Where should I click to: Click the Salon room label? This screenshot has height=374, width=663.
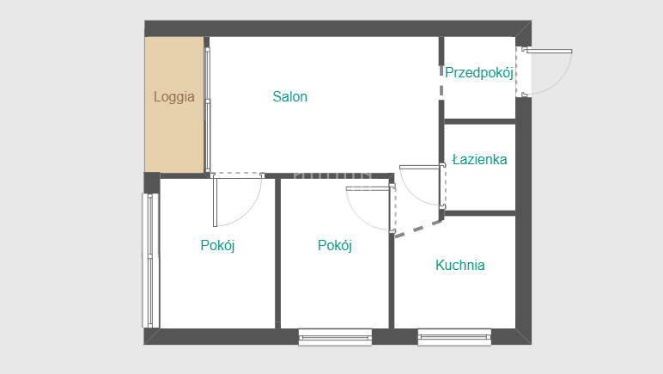(289, 96)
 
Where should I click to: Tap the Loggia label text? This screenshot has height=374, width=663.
(174, 97)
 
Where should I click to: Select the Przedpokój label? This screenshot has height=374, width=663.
(479, 72)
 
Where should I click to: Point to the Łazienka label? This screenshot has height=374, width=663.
(479, 160)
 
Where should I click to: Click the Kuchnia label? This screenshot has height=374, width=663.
(460, 265)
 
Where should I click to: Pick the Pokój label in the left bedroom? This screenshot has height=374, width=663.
(217, 245)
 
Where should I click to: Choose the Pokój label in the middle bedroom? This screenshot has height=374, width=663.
(334, 245)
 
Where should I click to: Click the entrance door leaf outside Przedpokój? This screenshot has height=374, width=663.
(549, 52)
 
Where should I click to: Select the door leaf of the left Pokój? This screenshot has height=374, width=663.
(215, 202)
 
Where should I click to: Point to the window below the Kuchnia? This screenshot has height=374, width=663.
(454, 337)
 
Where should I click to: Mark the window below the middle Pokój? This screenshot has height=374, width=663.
(335, 337)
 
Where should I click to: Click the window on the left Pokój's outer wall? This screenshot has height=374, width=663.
(150, 261)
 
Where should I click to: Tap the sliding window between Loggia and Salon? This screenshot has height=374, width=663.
(207, 109)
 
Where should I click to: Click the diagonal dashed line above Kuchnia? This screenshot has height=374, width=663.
(418, 229)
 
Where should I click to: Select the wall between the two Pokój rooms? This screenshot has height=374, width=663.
(277, 253)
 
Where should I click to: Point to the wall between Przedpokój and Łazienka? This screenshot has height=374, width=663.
(480, 122)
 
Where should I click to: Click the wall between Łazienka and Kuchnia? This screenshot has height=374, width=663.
(480, 213)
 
